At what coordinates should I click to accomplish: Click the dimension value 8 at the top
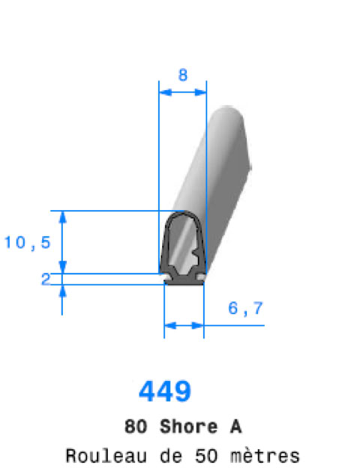click(183, 75)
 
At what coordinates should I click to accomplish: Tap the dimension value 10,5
click(27, 242)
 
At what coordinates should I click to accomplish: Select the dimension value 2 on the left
click(46, 279)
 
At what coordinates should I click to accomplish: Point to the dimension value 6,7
click(245, 308)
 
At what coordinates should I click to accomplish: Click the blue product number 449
click(165, 391)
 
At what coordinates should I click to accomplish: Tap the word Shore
click(189, 427)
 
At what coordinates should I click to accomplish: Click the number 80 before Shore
click(136, 427)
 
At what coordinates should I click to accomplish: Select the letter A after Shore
click(236, 427)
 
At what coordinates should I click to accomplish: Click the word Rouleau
click(106, 456)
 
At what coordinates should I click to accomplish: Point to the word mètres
click(265, 456)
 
